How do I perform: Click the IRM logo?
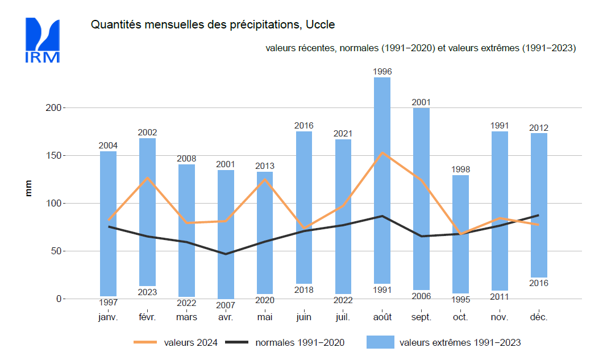tap(42, 40)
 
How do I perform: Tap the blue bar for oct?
tap(460, 234)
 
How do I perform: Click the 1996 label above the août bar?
tap(382, 72)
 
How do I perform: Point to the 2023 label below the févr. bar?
tap(147, 292)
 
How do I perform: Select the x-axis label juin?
tap(303, 317)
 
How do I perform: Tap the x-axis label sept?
tap(421, 317)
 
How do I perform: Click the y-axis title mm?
tap(28, 188)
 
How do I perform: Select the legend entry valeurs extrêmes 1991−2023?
tap(460, 342)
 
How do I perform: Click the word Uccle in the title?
tap(321, 25)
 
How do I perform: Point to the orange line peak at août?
tap(382, 152)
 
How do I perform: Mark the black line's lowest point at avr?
tap(226, 254)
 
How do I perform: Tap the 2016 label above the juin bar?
tap(303, 126)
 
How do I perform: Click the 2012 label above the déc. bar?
tap(539, 128)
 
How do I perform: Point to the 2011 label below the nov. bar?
tap(500, 296)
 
